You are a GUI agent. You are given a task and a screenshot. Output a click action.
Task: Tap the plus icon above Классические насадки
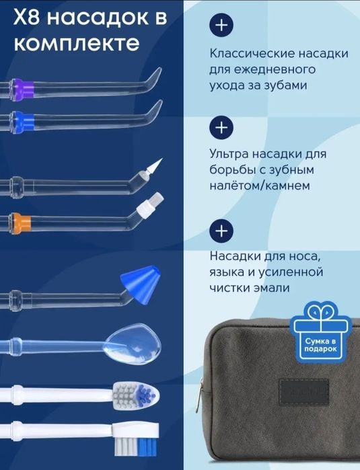click(x=221, y=26)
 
